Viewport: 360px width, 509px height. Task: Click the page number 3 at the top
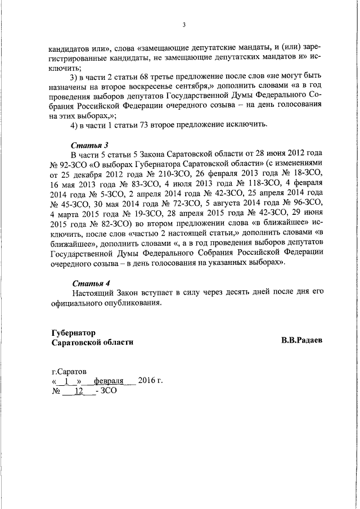click(184, 24)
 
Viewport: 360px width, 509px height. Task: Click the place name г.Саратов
click(69, 372)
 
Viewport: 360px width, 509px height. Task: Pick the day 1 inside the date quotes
click(67, 381)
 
